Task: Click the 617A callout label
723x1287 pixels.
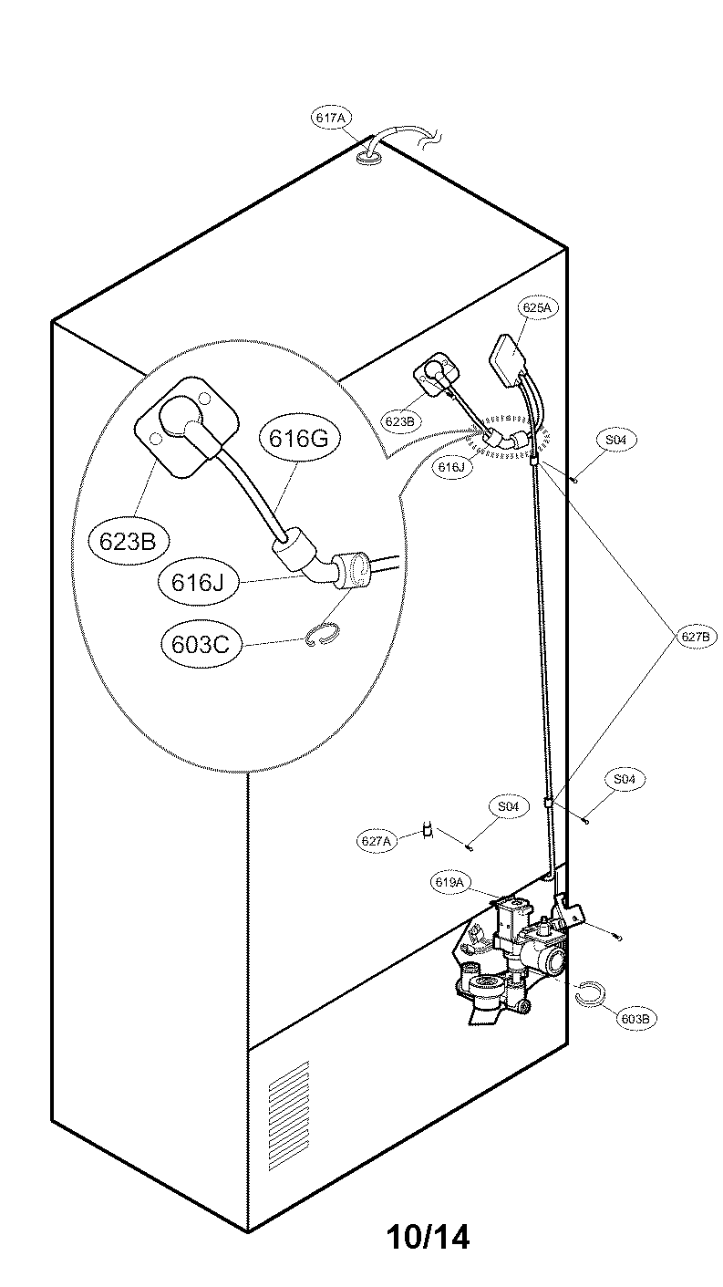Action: click(x=330, y=119)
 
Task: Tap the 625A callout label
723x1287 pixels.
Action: click(x=536, y=308)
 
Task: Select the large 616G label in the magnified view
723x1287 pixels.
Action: click(x=297, y=439)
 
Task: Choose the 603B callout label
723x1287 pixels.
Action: click(x=635, y=1018)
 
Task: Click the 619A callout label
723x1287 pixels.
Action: click(x=450, y=882)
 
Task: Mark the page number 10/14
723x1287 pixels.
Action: click(x=428, y=1237)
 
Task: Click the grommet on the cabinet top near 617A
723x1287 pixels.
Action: click(x=369, y=158)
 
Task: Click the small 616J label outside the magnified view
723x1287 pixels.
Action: click(x=450, y=467)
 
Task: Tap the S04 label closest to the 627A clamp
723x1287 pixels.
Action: click(x=508, y=807)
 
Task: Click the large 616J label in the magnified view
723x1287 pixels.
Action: click(x=197, y=582)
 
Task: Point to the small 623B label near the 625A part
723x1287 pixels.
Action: click(x=400, y=421)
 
